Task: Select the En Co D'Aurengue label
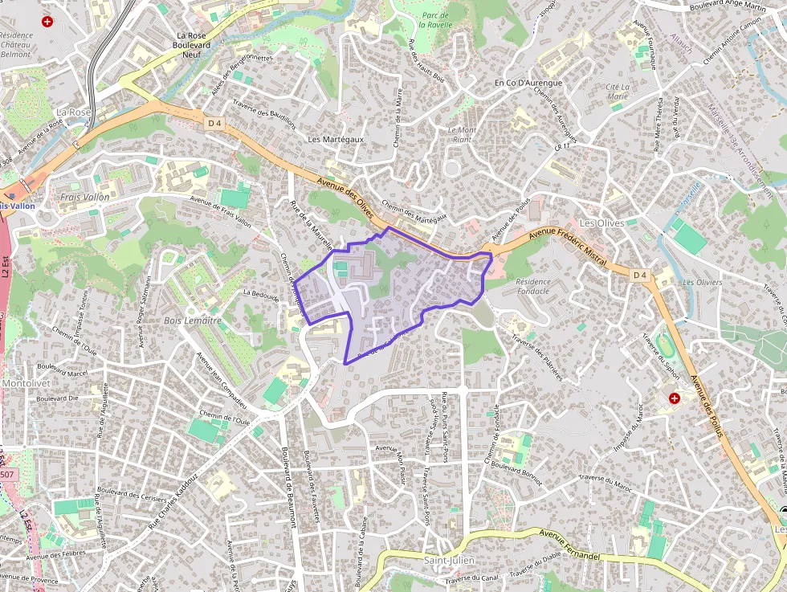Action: pos(528,83)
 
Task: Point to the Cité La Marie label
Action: pos(618,91)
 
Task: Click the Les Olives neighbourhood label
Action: pos(601,223)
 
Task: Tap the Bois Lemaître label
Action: pos(192,320)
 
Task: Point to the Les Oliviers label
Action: pos(702,283)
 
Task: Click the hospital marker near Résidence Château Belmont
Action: pos(47,21)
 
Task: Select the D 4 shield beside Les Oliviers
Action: pos(639,276)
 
